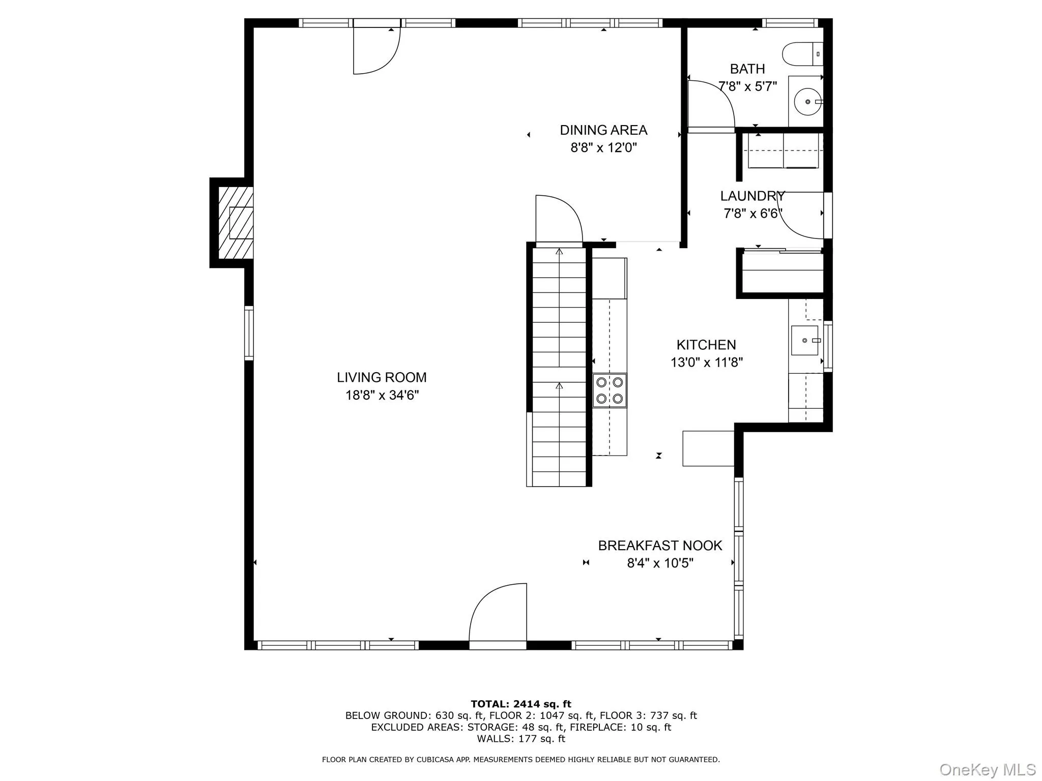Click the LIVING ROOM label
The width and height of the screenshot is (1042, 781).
point(382,377)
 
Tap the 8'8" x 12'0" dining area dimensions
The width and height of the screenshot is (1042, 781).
point(603,148)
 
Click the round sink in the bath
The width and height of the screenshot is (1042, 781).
point(807,102)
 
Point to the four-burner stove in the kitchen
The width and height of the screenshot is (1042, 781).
point(610,390)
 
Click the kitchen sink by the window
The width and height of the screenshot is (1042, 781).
point(804,340)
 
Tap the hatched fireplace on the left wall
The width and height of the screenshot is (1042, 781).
point(236,223)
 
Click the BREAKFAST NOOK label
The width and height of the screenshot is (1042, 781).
point(660,546)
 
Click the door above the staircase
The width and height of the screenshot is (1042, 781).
point(558,220)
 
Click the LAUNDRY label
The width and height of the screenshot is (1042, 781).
point(752,196)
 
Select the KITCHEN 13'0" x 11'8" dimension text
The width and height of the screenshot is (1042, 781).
point(706,363)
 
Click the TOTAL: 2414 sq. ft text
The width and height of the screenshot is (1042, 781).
point(520,704)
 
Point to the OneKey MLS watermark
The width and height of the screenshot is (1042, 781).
point(987,769)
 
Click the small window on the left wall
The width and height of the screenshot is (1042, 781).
point(249,333)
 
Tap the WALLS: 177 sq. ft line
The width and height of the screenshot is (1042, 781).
point(520,739)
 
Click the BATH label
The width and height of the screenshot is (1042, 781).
point(747,69)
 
